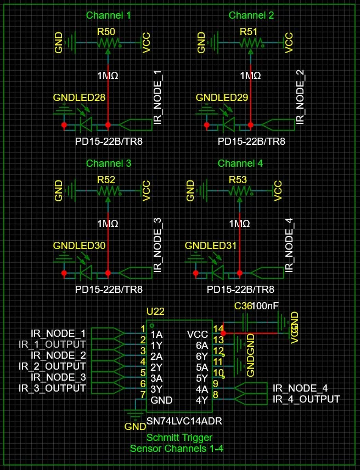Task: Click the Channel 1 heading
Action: point(108,15)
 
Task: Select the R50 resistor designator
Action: point(106,32)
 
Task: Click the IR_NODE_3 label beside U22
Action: point(58,377)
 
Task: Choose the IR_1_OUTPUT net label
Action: point(52,344)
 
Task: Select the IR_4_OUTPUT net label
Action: point(306,399)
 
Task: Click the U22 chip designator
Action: point(155,311)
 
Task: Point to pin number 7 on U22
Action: point(143,394)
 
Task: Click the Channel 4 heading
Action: point(240,163)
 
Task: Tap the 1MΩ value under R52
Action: point(108,224)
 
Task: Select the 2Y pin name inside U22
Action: point(156,367)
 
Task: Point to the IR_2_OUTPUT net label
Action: point(52,366)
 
